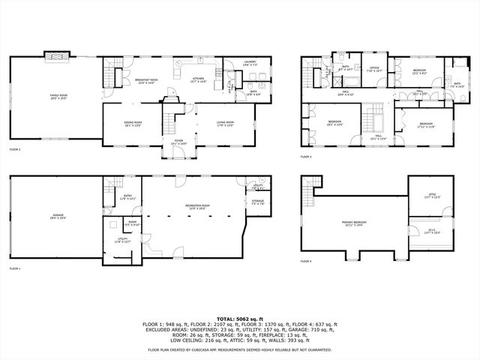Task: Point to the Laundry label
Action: (250, 64)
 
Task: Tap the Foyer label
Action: (179, 141)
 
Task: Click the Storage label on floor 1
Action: (257, 202)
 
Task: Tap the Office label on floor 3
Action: (373, 70)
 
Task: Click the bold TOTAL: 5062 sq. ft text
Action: (239, 318)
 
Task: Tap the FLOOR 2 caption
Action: (15, 149)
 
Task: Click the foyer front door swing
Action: (175, 154)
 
